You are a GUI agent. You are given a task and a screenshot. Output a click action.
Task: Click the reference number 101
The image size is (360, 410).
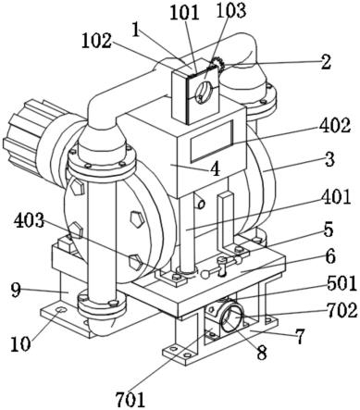point(184,13)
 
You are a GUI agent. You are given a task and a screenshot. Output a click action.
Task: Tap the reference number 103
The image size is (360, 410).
point(231,10)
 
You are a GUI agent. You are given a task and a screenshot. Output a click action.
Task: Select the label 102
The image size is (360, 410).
point(96,41)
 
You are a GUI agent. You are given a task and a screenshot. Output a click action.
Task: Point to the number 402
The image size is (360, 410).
point(335,126)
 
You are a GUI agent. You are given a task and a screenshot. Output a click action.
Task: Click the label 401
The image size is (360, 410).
point(336,196)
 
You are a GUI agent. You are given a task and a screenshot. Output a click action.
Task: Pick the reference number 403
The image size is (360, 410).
point(30,220)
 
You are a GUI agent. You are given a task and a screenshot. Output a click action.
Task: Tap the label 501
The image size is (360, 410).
point(341,283)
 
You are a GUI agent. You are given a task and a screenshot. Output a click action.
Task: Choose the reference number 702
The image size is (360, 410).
point(342,310)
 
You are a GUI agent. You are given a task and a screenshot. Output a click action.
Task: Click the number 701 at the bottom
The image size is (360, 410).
point(130,399)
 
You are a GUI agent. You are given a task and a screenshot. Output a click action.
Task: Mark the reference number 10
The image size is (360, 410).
point(20,343)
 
